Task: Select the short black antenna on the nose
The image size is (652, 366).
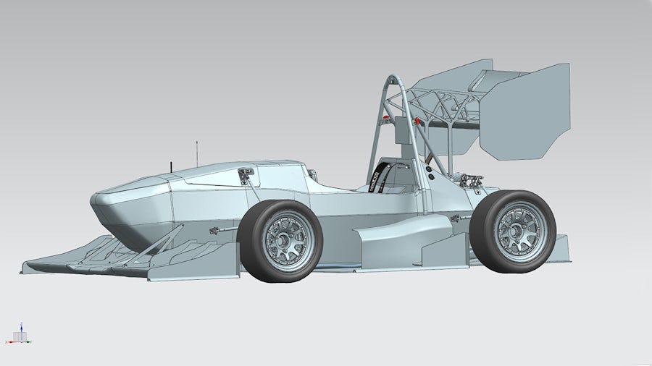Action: pyautogui.click(x=172, y=167)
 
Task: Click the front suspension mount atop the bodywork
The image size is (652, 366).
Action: pyautogui.click(x=245, y=174)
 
